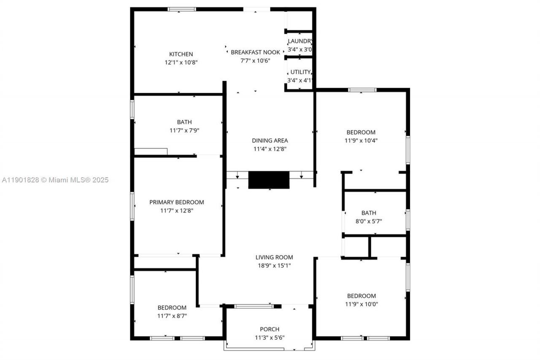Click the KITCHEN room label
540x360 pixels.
coord(181,54)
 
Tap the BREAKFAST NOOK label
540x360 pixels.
coord(255,52)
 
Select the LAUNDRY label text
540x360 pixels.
coord(300,41)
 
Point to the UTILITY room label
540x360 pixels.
coord(300,72)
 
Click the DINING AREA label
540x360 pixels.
coord(270,141)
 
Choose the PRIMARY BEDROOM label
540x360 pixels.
coord(177,202)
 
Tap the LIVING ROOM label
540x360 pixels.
coord(274,257)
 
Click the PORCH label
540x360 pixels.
coord(270,329)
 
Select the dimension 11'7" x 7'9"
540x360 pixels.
coord(181,130)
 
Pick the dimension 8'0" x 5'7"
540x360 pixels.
coord(368,221)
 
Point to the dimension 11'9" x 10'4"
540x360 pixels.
coord(361,141)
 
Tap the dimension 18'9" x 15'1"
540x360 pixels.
coord(274,265)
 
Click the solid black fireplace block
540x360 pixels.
coord(269,180)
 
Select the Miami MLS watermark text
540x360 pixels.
coord(54,180)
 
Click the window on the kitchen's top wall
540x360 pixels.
coord(182,9)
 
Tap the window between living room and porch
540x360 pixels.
coord(254,306)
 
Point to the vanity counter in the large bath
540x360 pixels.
coord(151,151)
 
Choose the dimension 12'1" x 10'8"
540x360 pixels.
coord(181,62)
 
